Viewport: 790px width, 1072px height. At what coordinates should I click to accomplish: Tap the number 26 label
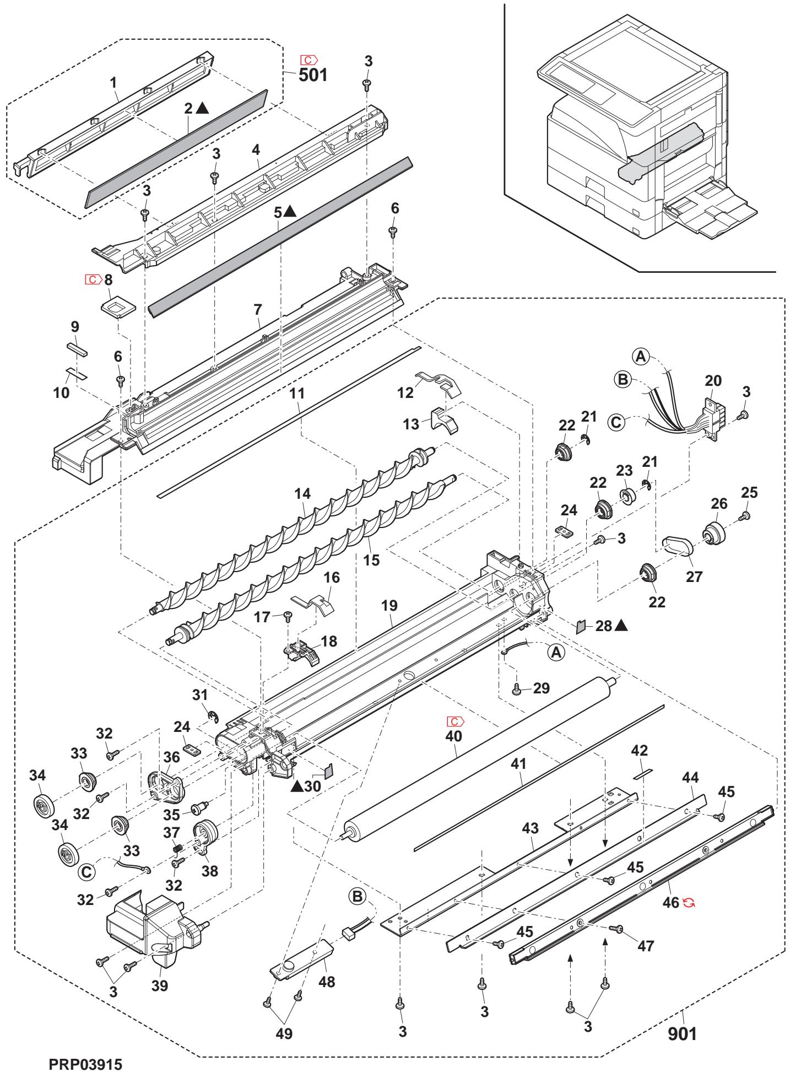pos(718,504)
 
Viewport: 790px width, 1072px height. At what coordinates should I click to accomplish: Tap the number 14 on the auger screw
pos(302,494)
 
